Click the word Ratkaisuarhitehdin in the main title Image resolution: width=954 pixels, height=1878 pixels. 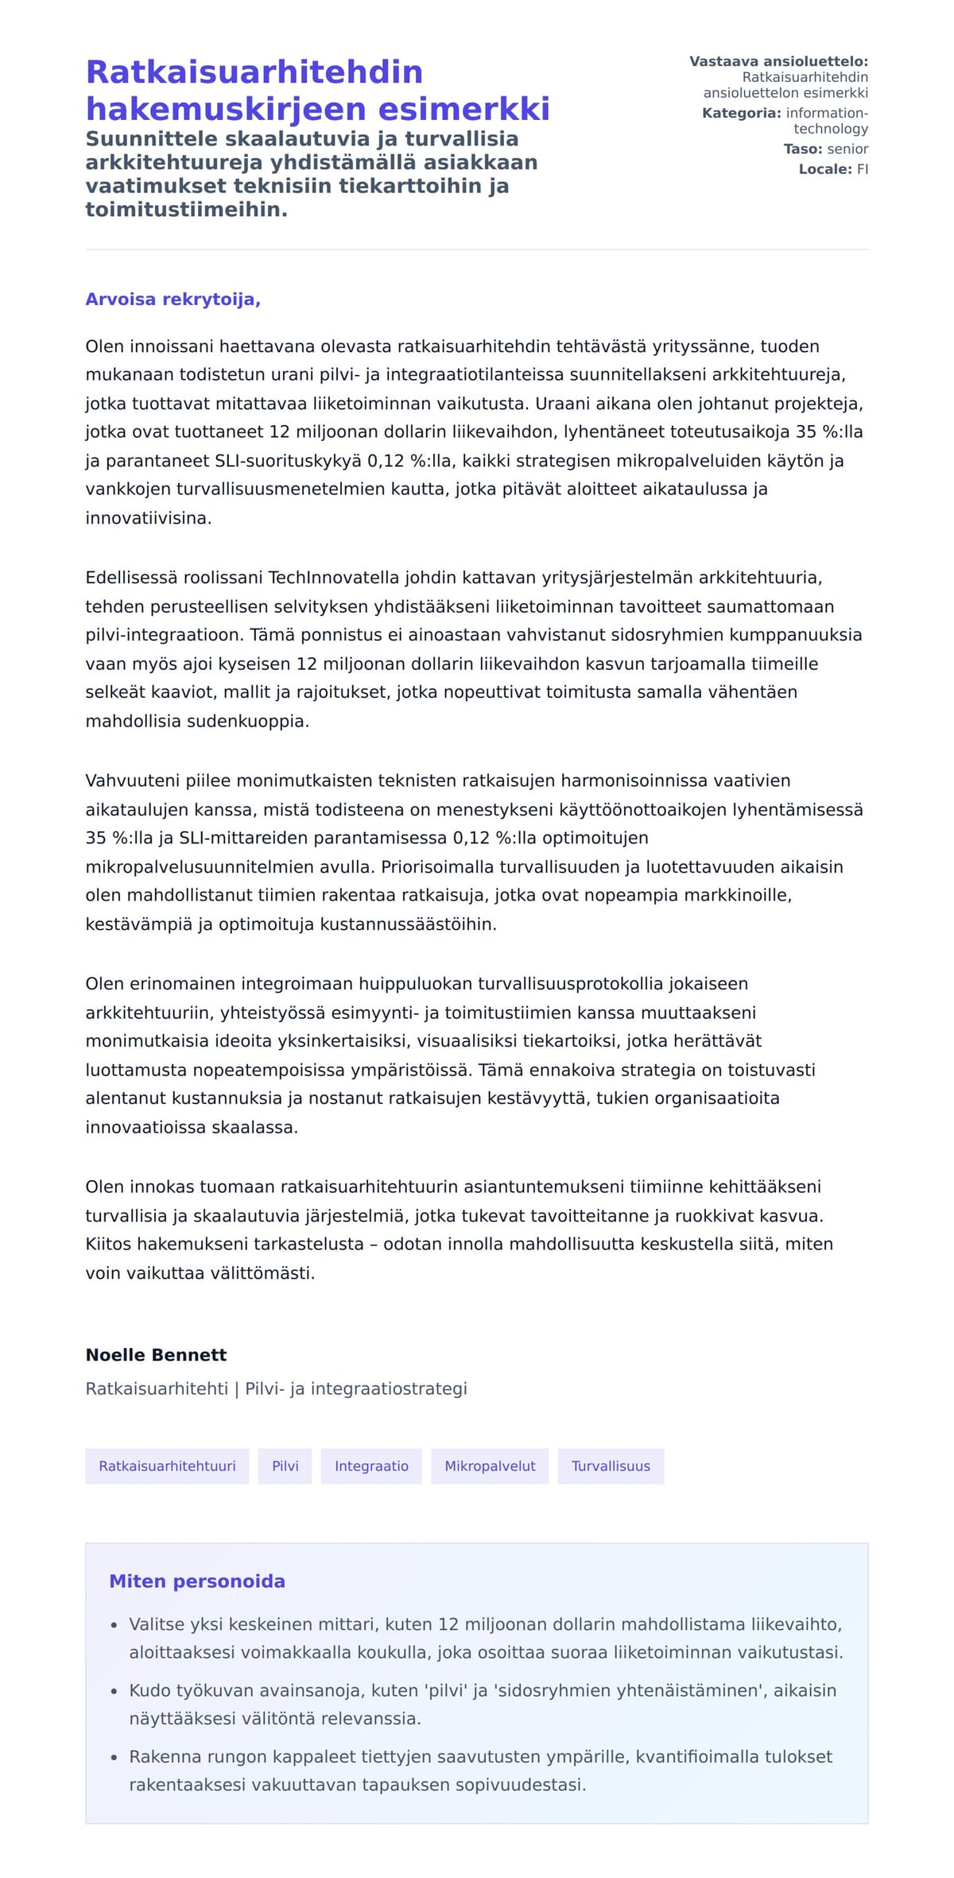254,72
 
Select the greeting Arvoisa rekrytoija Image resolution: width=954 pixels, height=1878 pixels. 173,300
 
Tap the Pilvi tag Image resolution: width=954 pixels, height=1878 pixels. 285,1466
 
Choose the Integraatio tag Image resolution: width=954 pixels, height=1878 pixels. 371,1466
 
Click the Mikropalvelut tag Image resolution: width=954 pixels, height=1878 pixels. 490,1466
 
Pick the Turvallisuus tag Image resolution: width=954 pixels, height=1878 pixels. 611,1466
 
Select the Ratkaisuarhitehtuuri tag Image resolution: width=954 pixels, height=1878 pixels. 167,1466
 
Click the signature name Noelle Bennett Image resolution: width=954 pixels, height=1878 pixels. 156,1355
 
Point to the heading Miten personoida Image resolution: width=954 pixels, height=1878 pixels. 196,1582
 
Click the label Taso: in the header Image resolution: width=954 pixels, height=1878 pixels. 802,149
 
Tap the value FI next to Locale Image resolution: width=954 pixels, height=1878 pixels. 862,169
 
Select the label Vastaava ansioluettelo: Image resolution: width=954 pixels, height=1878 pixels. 778,62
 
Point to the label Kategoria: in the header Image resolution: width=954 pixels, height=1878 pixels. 741,114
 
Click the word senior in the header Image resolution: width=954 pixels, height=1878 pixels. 847,149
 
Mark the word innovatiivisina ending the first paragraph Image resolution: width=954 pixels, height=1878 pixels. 148,518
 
